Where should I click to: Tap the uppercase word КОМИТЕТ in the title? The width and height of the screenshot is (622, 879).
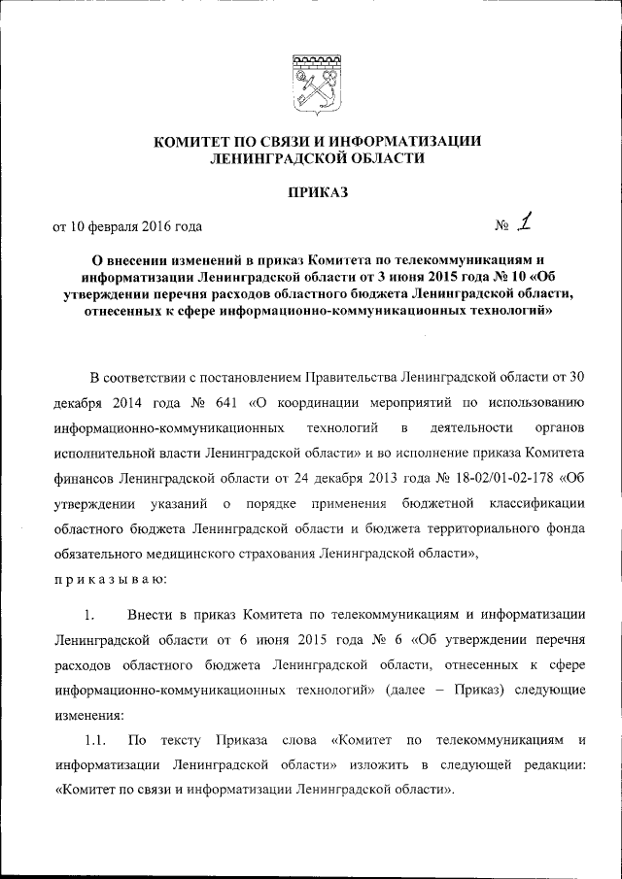[x=201, y=142]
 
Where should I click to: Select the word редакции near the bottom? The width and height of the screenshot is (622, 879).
[x=556, y=765]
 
